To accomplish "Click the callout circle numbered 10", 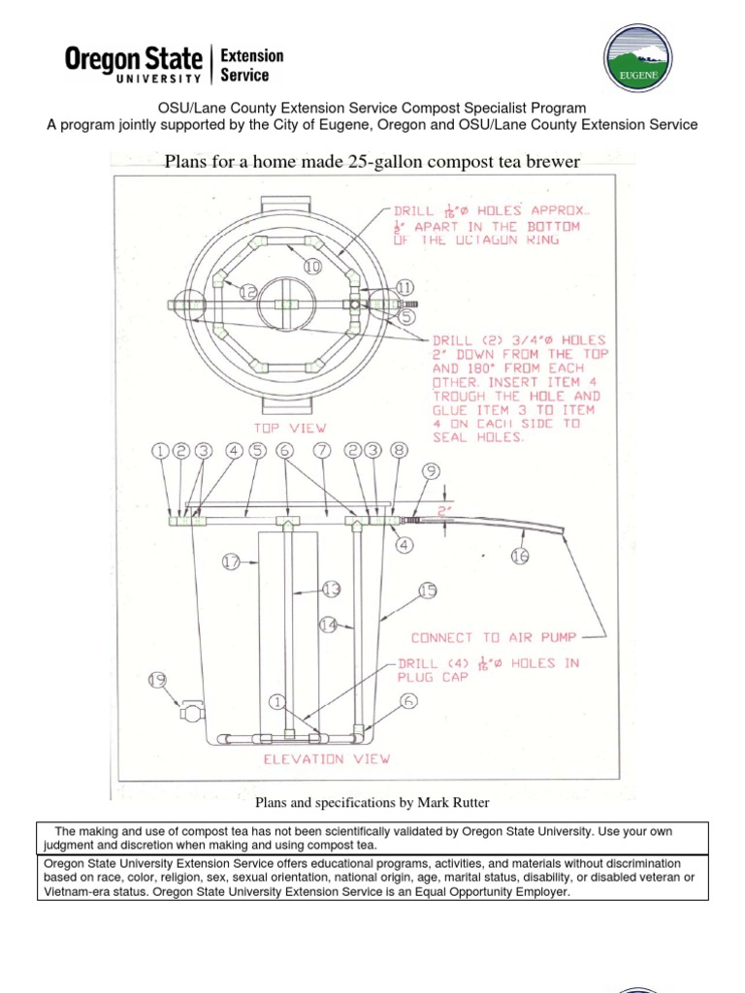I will coord(312,265).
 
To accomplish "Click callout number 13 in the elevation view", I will coord(332,588).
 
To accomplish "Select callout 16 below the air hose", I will coord(522,555).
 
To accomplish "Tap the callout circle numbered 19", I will coord(156,681).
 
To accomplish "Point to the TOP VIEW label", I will coord(290,427).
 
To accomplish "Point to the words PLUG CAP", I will coord(432,679).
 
